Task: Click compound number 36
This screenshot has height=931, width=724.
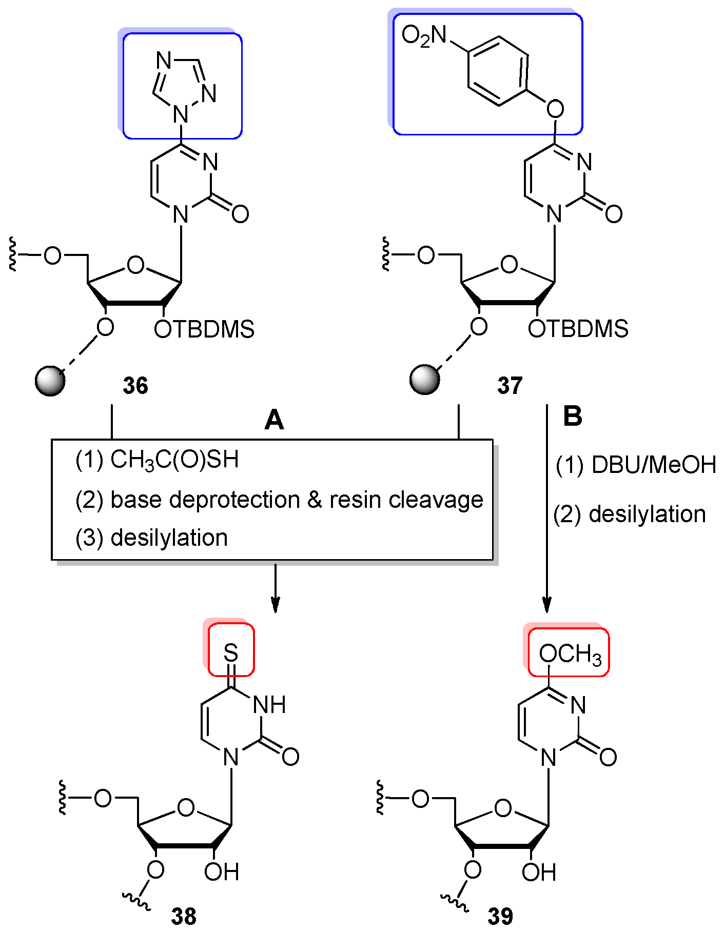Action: coord(135,385)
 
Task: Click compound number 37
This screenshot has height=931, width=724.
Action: coord(510,385)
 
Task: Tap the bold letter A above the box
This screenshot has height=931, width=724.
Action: coord(274,420)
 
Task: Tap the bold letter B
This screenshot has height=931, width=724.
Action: coord(573,417)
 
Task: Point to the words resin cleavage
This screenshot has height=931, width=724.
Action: coord(406,500)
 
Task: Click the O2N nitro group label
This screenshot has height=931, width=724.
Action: coord(424,37)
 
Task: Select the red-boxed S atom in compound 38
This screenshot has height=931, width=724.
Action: coord(231,653)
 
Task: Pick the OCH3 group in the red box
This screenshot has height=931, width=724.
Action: coord(570,655)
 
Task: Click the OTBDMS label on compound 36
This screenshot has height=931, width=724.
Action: coord(204,329)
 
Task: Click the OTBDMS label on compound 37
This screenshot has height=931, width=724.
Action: coord(578,329)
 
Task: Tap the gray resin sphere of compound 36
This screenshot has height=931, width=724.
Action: coord(50,381)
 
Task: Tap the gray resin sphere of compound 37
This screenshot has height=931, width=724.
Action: coord(425,380)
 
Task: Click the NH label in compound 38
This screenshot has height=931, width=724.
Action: coord(270,705)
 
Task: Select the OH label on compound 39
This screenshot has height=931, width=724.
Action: coord(539,872)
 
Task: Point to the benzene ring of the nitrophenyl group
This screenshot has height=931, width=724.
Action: coord(497,71)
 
